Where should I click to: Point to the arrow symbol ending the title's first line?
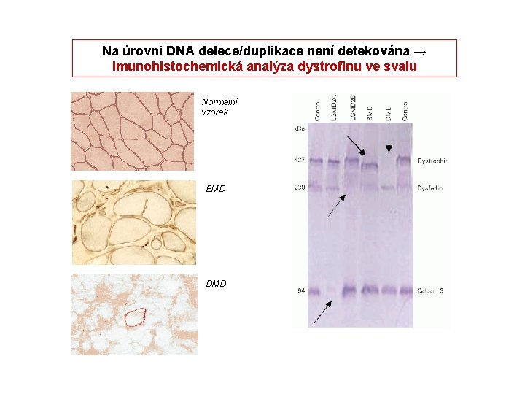[x=419, y=51]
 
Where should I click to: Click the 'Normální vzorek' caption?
[x=219, y=107]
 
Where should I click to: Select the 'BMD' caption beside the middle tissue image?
[x=216, y=189]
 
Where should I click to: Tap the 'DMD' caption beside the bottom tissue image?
[x=216, y=283]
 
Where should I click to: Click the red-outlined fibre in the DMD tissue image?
[x=135, y=318]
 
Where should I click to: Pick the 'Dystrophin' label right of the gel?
[x=433, y=161]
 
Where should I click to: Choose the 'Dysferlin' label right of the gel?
[x=431, y=188]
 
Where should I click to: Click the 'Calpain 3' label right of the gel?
[x=431, y=291]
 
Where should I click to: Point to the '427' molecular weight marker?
[x=299, y=160]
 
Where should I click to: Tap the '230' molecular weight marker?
[x=299, y=188]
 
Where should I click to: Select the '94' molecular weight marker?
[x=300, y=291]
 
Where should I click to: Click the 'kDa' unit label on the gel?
[x=299, y=128]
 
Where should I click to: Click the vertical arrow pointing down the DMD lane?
[x=388, y=139]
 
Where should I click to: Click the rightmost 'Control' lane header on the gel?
[x=405, y=109]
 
